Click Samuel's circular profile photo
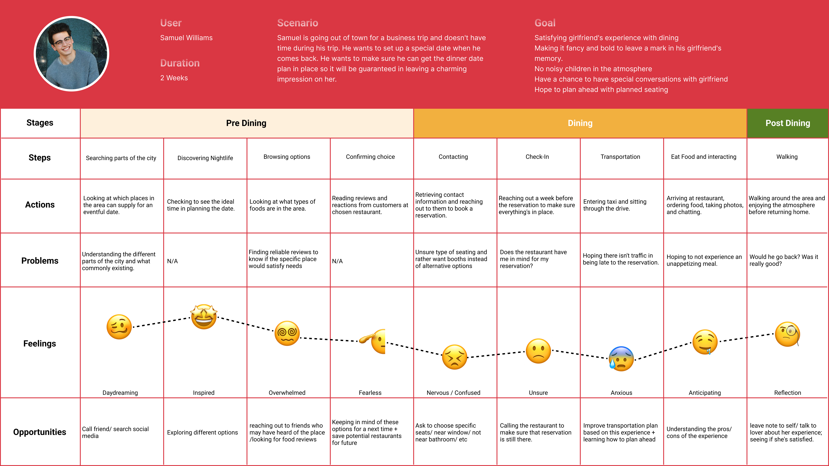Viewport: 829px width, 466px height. [71, 54]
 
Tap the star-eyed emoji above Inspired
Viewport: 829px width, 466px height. [204, 317]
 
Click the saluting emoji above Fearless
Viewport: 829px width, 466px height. [373, 341]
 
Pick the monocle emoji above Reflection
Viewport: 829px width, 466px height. [787, 335]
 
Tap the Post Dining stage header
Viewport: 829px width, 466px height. [787, 123]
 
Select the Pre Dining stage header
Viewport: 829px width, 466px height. [246, 123]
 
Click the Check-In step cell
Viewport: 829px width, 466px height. [537, 157]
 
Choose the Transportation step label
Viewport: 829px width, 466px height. [620, 157]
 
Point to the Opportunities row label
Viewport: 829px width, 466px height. [40, 432]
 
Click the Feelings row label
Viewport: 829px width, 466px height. [40, 343]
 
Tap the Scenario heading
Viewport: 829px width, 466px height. [297, 23]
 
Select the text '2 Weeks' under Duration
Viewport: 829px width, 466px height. [174, 78]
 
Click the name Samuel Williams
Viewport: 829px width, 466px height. [186, 38]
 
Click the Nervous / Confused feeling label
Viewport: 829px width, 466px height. [453, 393]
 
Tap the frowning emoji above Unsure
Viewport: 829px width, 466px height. [538, 351]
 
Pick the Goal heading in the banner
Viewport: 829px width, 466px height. [545, 23]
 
